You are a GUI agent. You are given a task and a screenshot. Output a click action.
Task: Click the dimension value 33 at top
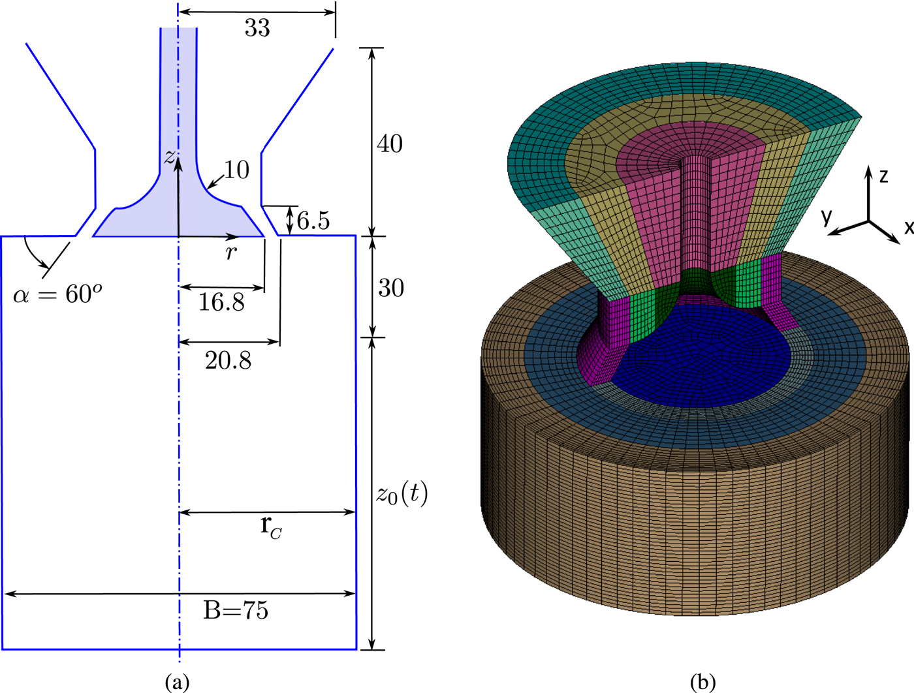click(257, 28)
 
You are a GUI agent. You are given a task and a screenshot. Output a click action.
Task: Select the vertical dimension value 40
click(390, 144)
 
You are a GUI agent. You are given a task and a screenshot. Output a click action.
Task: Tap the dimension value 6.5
click(313, 221)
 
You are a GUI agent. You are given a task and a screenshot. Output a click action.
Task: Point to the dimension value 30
click(391, 288)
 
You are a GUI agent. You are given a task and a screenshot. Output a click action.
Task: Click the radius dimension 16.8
click(222, 302)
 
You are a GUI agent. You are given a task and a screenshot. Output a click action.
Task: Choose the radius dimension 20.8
click(228, 360)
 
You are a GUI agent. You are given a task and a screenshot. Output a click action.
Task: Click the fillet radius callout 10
click(236, 170)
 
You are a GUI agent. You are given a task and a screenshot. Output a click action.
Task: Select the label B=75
click(236, 610)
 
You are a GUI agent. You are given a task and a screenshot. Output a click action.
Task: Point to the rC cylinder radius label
click(271, 526)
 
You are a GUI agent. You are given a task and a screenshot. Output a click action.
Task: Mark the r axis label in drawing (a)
click(230, 253)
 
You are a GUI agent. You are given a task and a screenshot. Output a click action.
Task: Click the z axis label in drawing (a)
click(170, 157)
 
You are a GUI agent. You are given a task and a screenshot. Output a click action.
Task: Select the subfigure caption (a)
click(178, 683)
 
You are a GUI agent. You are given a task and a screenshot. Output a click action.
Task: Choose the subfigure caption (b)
click(702, 683)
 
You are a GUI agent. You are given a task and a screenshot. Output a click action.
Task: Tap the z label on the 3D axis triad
click(883, 176)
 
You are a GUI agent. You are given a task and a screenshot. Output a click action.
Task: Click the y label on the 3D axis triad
click(827, 217)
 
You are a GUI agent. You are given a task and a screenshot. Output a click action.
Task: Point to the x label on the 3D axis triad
click(908, 227)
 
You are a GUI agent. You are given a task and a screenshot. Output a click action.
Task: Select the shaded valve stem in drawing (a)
click(178, 98)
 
